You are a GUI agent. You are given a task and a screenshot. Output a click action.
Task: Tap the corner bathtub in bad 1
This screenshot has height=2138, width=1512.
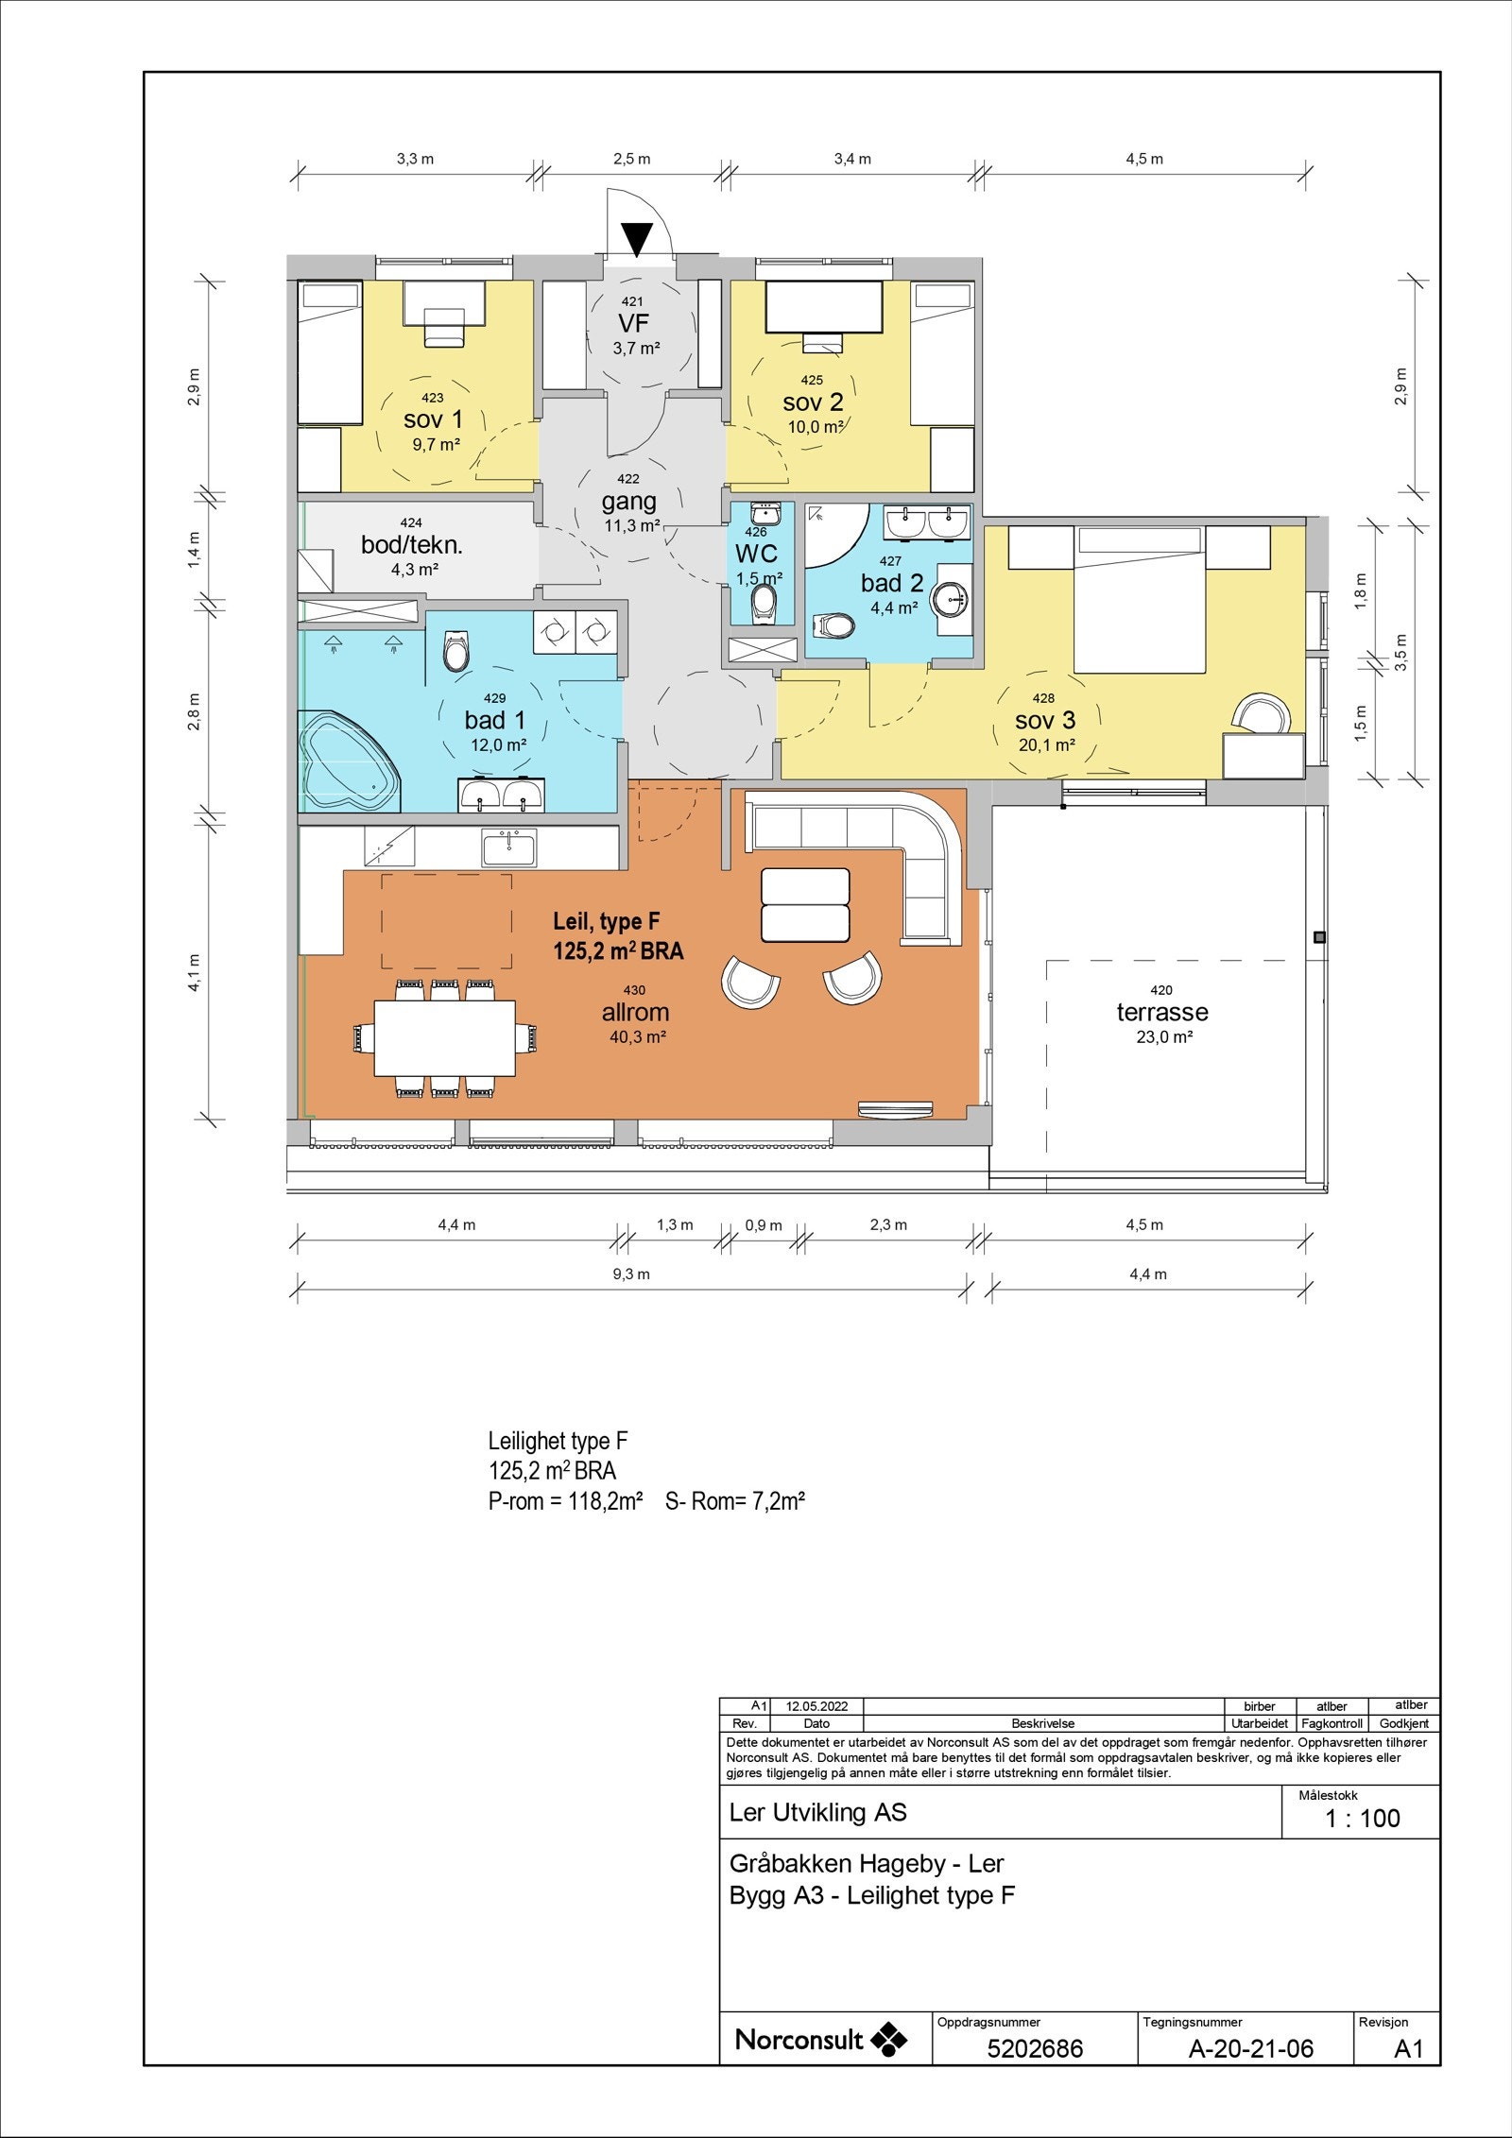(x=348, y=761)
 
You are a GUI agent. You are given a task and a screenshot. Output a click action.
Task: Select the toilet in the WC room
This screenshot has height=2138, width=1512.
(x=763, y=603)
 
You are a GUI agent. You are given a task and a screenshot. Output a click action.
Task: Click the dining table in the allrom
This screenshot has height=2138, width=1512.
(x=445, y=1037)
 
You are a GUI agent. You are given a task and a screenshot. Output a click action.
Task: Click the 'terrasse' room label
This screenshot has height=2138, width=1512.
(x=1161, y=1012)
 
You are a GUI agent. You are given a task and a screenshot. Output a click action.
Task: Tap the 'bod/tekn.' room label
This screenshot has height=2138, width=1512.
(x=412, y=545)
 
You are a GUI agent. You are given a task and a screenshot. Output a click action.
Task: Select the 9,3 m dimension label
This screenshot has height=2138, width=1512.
(x=631, y=1274)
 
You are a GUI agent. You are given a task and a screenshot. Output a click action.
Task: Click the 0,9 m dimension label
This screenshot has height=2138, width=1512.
(x=764, y=1225)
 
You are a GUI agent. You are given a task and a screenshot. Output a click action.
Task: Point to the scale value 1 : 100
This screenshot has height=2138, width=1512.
(x=1363, y=1818)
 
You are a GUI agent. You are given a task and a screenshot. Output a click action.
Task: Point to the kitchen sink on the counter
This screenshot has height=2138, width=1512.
(x=508, y=847)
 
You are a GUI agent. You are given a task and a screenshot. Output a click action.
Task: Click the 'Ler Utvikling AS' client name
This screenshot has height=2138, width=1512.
(x=817, y=1812)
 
